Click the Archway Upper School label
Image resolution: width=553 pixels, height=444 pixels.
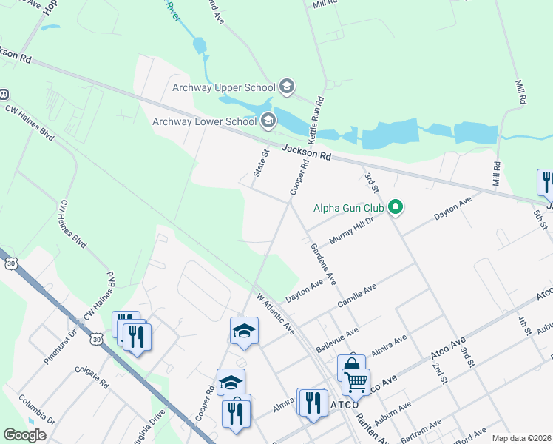click(x=223, y=87)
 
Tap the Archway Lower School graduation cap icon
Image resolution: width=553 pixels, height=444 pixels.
click(x=268, y=120)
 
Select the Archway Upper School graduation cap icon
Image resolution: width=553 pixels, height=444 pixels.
click(x=287, y=87)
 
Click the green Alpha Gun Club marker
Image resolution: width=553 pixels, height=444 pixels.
click(x=396, y=208)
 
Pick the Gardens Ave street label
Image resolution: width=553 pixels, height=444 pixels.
click(x=323, y=264)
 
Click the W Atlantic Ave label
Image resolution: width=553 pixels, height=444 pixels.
click(x=276, y=314)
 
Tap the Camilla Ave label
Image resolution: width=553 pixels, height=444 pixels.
click(x=356, y=295)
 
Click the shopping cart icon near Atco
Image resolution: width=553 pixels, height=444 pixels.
click(x=356, y=383)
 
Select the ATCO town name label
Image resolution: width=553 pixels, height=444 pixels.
click(x=344, y=405)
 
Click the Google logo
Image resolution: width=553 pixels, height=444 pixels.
click(x=25, y=435)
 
